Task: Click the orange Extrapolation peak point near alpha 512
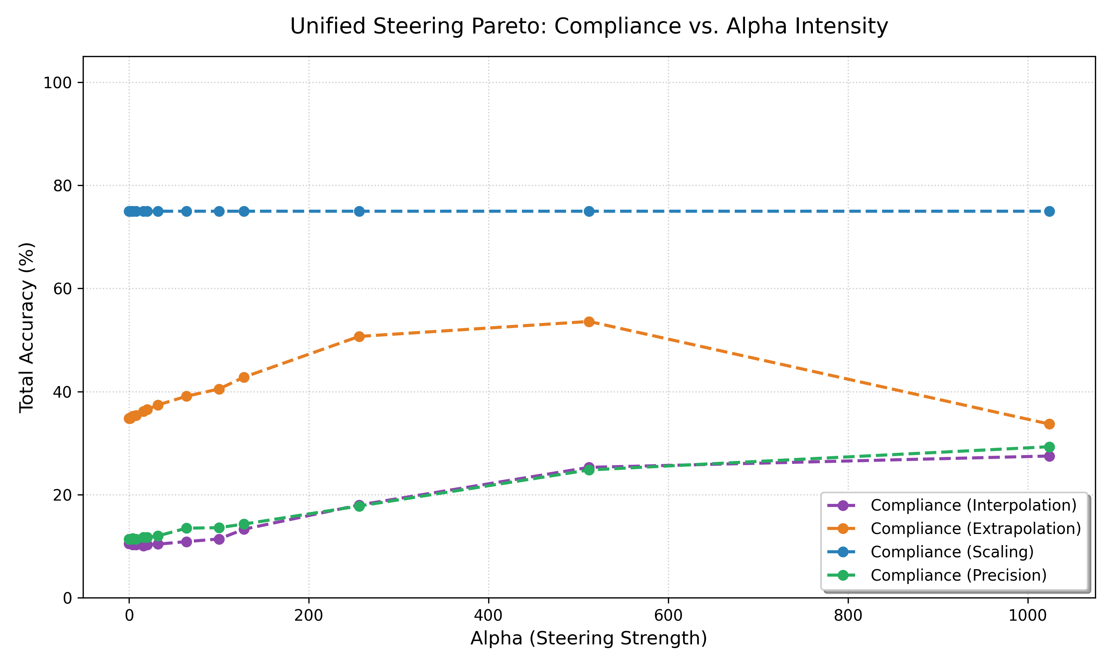tap(589, 321)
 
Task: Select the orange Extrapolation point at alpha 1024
tap(1049, 424)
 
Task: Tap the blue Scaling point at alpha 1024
tap(1049, 211)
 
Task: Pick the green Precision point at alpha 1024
tap(1049, 447)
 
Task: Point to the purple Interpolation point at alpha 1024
tap(1049, 456)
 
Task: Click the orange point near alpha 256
tap(359, 336)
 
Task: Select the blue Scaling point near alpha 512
tap(589, 211)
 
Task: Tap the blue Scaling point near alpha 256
tap(359, 211)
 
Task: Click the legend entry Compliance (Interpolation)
tap(973, 505)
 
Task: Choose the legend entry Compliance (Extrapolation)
tap(975, 528)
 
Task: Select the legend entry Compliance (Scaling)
tap(952, 552)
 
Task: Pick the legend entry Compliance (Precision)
tap(958, 575)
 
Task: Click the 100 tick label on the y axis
tap(57, 83)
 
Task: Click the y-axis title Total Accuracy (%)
tap(27, 327)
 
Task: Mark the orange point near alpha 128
tap(244, 377)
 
